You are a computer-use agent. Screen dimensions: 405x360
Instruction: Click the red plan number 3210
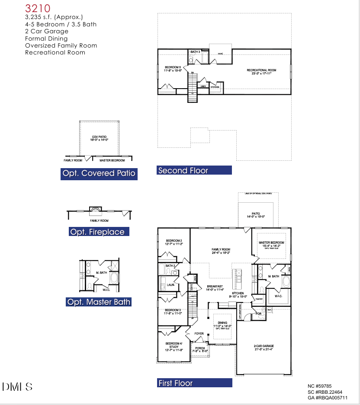38,8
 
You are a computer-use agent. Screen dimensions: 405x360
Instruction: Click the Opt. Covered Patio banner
99,174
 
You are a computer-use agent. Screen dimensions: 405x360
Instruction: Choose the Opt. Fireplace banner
99,232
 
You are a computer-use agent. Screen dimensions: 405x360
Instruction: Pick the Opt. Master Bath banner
99,302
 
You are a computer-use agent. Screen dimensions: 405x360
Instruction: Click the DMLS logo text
17,386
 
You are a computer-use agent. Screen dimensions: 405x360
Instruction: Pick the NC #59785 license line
320,386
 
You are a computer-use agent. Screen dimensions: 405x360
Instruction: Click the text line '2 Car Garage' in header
47,31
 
